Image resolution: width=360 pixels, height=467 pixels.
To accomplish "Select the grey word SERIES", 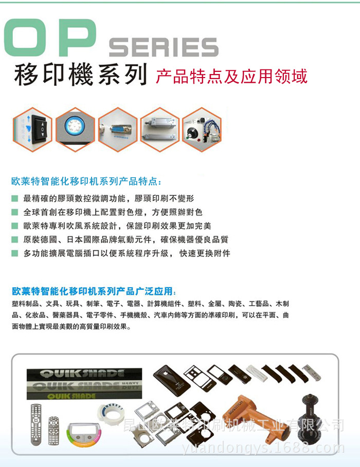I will point(164,47).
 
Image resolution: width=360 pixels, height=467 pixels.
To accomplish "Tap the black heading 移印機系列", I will point(80,74).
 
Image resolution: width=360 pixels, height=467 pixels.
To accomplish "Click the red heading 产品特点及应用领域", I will point(231,76).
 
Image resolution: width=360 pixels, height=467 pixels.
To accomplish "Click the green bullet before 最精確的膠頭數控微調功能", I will point(14,198).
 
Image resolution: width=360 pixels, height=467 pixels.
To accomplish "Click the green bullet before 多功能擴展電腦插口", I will point(14,253).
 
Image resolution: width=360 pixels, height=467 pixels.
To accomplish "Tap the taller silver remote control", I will point(35,421).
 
